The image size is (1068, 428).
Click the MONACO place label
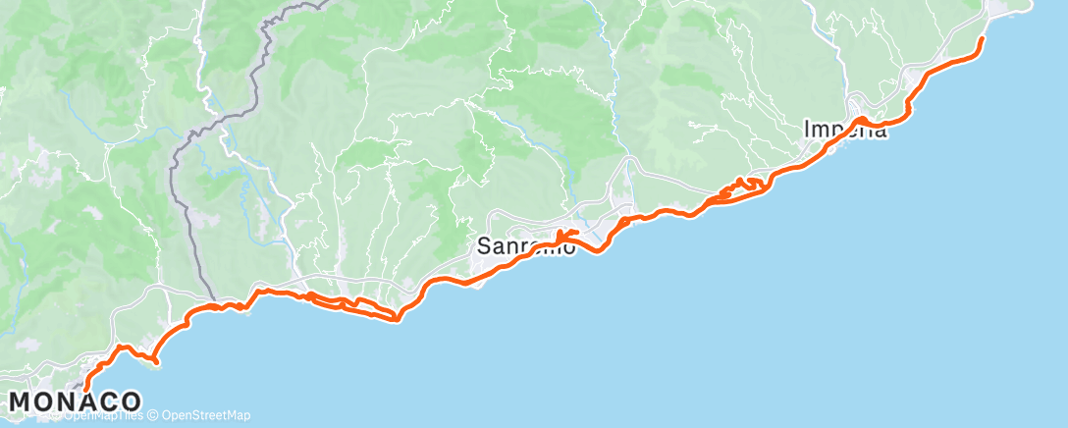point(76,401)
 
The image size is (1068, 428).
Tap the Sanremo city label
point(526,247)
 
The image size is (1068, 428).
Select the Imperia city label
point(845,130)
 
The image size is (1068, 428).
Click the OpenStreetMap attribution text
point(206,415)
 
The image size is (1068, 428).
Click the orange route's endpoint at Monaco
point(86,389)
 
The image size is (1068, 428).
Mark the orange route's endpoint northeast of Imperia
point(983,38)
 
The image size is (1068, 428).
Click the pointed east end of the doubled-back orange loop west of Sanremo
point(396,318)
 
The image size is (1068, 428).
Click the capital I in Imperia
point(807,130)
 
